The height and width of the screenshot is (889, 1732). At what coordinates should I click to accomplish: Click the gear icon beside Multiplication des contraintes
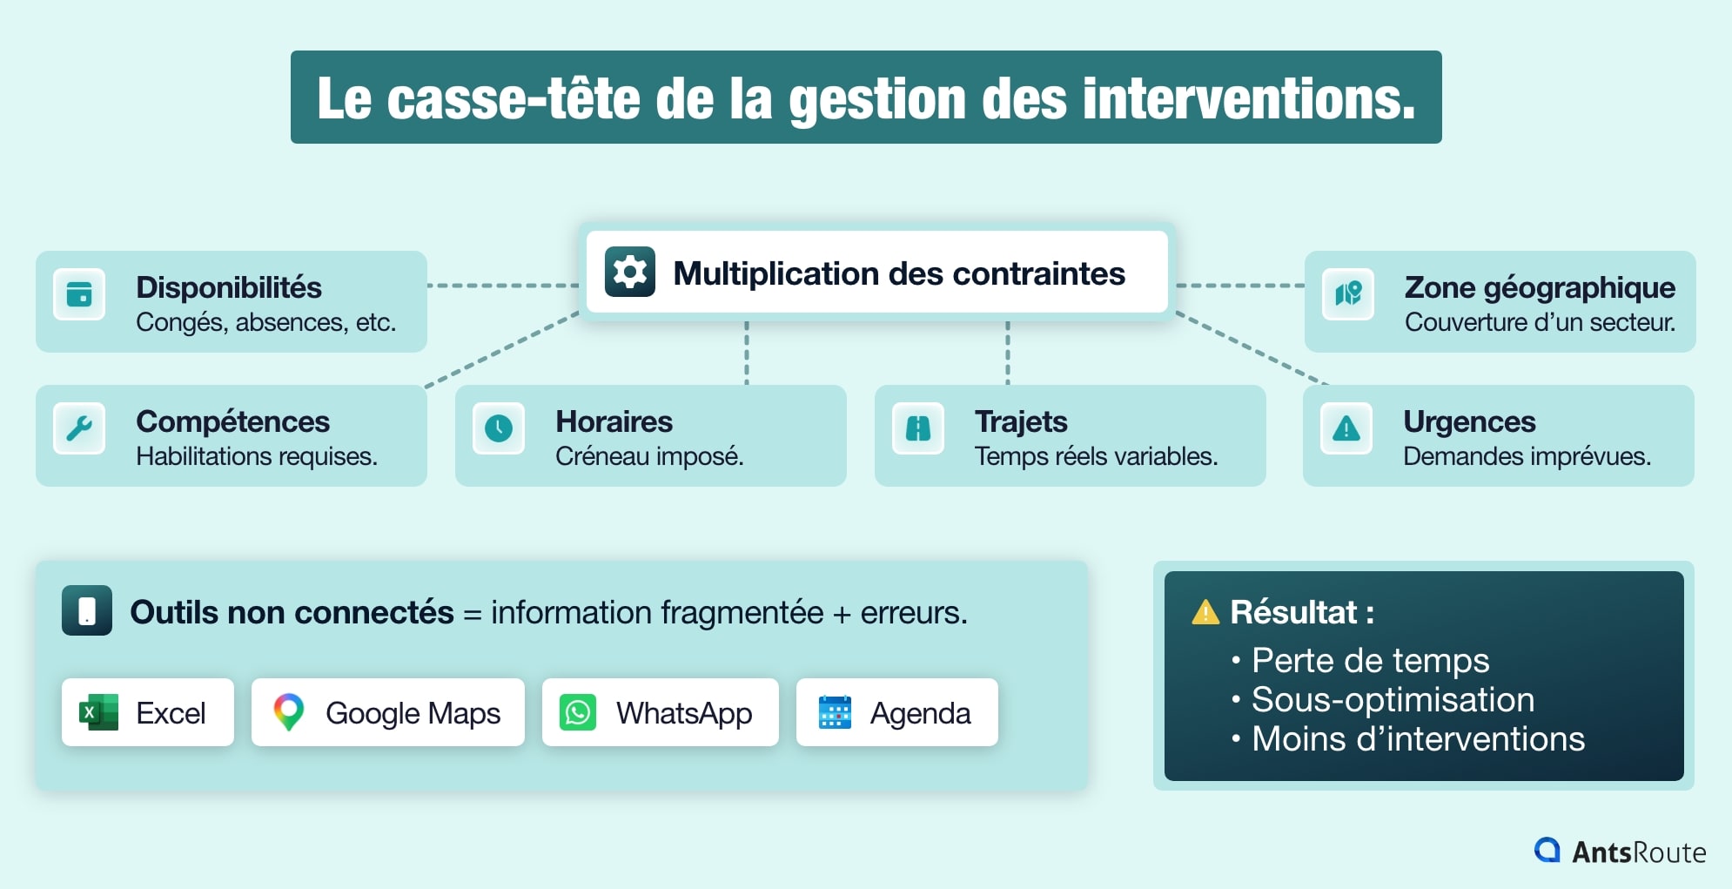[630, 273]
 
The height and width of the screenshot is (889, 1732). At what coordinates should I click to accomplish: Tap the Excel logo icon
[98, 712]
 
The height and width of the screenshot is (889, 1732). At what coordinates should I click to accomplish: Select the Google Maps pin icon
[289, 712]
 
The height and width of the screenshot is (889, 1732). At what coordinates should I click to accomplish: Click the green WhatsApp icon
[578, 712]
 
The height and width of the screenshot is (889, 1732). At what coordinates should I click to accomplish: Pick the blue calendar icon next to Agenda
[835, 712]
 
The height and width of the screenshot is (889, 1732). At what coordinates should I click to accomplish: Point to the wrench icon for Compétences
[79, 428]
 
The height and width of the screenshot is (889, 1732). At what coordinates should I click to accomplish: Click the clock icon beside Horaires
[499, 428]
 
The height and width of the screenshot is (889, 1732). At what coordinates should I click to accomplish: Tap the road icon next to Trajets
[918, 428]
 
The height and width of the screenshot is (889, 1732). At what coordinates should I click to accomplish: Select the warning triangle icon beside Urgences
[1346, 428]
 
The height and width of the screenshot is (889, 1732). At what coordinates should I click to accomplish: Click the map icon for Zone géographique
[1348, 294]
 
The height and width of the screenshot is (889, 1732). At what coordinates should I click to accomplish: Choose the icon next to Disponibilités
[79, 294]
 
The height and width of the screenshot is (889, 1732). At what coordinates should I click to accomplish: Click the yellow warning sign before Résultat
[1205, 613]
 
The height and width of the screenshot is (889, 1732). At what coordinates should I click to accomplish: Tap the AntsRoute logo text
[1638, 852]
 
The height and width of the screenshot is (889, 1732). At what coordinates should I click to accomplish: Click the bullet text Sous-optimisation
[1393, 700]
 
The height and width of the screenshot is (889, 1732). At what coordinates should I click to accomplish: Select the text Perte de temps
[1370, 661]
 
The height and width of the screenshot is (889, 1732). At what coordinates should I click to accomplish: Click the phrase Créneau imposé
[649, 456]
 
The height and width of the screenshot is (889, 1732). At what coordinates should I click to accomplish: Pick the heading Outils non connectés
[292, 613]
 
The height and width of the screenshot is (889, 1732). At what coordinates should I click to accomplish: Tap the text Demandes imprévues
[1527, 456]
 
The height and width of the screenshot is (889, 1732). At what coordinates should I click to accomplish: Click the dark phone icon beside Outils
[87, 610]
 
